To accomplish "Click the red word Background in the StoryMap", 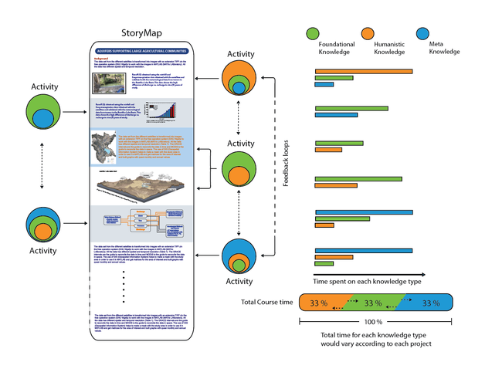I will (x=106, y=59).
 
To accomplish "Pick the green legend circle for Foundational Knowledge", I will (x=313, y=33).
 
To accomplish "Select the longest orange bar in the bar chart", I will (x=363, y=72).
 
